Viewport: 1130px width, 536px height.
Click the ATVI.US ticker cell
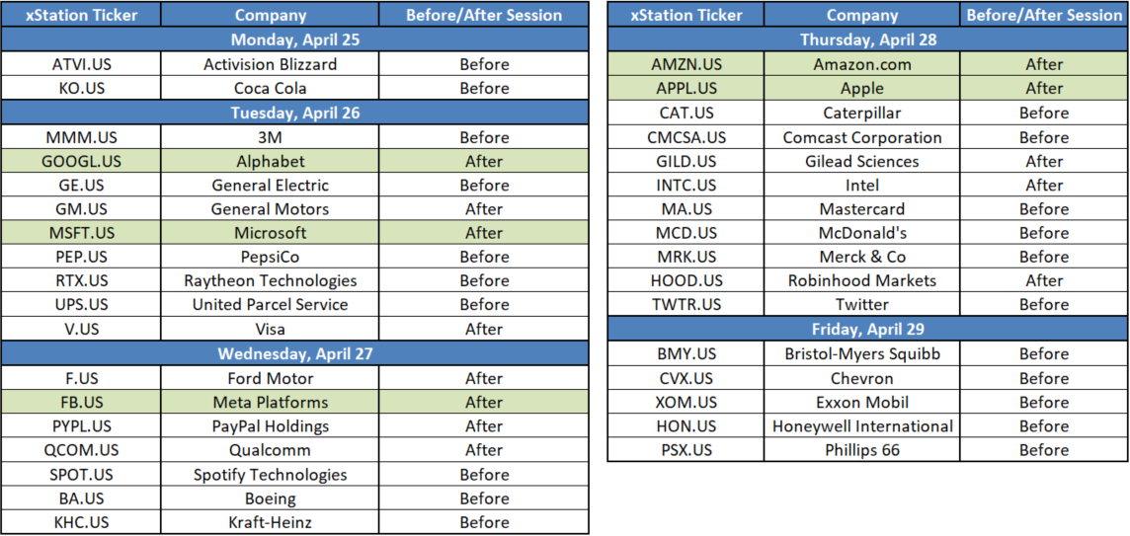pyautogui.click(x=81, y=64)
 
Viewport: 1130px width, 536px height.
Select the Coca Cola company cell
pyautogui.click(x=271, y=88)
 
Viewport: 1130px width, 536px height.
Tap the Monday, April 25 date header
pyautogui.click(x=294, y=39)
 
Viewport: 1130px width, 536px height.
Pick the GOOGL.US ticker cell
pyautogui.click(x=81, y=161)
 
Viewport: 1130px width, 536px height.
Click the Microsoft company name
pyautogui.click(x=271, y=233)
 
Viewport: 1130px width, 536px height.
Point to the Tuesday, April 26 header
pyautogui.click(x=294, y=113)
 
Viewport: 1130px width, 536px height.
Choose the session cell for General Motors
pyautogui.click(x=484, y=209)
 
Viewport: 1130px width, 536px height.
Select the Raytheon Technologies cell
pyautogui.click(x=271, y=281)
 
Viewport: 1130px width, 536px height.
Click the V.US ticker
pyautogui.click(x=81, y=330)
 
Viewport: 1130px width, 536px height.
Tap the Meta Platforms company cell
pyautogui.click(x=271, y=402)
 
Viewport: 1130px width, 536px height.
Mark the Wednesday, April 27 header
pyautogui.click(x=294, y=353)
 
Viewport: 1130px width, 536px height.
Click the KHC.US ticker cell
pyautogui.click(x=81, y=522)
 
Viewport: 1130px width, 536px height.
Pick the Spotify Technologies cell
pyautogui.click(x=271, y=475)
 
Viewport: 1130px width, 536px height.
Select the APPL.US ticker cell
pyautogui.click(x=686, y=88)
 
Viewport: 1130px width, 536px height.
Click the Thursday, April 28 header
pyautogui.click(x=867, y=39)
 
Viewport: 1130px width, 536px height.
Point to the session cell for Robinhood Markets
pyautogui.click(x=1044, y=281)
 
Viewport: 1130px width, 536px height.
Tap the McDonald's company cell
pyautogui.click(x=862, y=233)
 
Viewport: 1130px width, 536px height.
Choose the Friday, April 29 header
pyautogui.click(x=867, y=330)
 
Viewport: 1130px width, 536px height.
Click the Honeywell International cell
pyautogui.click(x=862, y=425)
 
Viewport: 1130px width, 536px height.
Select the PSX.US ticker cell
pyautogui.click(x=686, y=450)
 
